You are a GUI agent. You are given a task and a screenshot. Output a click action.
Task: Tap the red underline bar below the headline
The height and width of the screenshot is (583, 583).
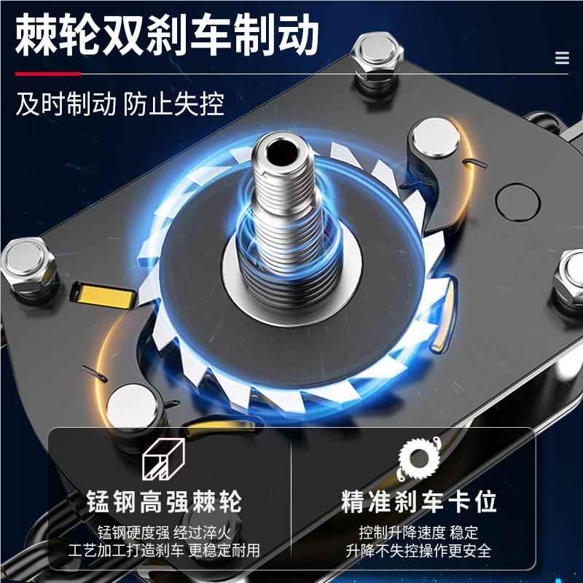pyautogui.click(x=47, y=74)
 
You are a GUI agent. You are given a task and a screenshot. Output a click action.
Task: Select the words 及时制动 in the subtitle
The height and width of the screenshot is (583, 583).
pyautogui.click(x=66, y=104)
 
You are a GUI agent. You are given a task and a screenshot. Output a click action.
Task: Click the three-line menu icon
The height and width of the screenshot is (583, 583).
pyautogui.click(x=561, y=58)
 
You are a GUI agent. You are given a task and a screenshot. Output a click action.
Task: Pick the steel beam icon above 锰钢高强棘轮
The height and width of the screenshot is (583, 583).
pyautogui.click(x=163, y=461)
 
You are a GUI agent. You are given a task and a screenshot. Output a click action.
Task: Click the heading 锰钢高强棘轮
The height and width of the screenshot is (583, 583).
pyautogui.click(x=163, y=501)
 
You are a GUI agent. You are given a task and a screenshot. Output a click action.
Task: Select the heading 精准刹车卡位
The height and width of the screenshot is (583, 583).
pyautogui.click(x=418, y=501)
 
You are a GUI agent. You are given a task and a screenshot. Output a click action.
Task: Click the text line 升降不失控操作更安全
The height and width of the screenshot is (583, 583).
pyautogui.click(x=418, y=550)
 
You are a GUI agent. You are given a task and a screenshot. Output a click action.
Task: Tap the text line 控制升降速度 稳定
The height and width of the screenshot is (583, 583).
pyautogui.click(x=418, y=531)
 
